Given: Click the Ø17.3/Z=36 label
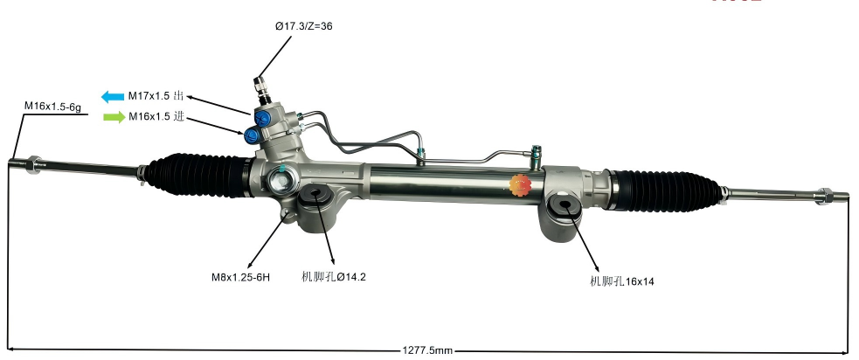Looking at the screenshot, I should [303, 26].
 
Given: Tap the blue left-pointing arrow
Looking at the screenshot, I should [113, 96].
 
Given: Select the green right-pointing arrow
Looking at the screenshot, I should [114, 117].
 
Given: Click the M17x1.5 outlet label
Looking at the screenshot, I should [156, 96].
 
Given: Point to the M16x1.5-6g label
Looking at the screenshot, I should [52, 106].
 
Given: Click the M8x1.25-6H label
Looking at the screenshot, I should [240, 277].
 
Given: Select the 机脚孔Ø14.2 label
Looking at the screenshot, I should [333, 277].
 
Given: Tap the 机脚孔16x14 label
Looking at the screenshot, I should [622, 281].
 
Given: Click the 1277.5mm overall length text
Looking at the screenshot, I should [427, 350].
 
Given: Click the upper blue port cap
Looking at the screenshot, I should [260, 116].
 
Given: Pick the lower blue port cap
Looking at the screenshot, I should [253, 135].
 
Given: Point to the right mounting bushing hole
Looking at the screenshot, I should [563, 209].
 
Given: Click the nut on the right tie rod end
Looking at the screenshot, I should [823, 194].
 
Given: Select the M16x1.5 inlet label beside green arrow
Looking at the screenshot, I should [156, 117].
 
